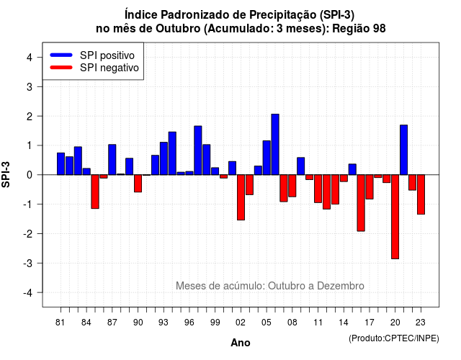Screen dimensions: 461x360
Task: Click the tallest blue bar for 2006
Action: [275, 144]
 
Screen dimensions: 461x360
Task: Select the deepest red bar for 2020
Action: [395, 217]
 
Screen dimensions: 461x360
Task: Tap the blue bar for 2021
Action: [403, 150]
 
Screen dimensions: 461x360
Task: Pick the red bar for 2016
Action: [361, 203]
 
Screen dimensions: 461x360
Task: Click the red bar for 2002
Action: [241, 197]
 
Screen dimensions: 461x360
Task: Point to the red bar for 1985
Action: [95, 192]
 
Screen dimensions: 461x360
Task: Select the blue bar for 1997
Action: [198, 150]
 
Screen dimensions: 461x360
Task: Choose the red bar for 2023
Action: [421, 194]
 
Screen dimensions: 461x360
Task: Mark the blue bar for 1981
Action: [61, 163]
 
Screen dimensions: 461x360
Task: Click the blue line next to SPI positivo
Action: [61, 55]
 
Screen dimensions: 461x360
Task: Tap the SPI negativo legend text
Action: [109, 68]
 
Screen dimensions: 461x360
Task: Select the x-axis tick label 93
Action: [164, 323]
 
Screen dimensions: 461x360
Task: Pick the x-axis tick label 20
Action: [395, 323]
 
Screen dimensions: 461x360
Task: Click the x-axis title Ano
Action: [241, 343]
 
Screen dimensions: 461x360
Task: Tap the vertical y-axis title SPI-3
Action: [6, 174]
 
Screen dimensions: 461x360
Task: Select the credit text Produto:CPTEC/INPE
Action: [394, 338]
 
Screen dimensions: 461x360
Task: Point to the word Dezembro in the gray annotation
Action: [341, 286]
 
